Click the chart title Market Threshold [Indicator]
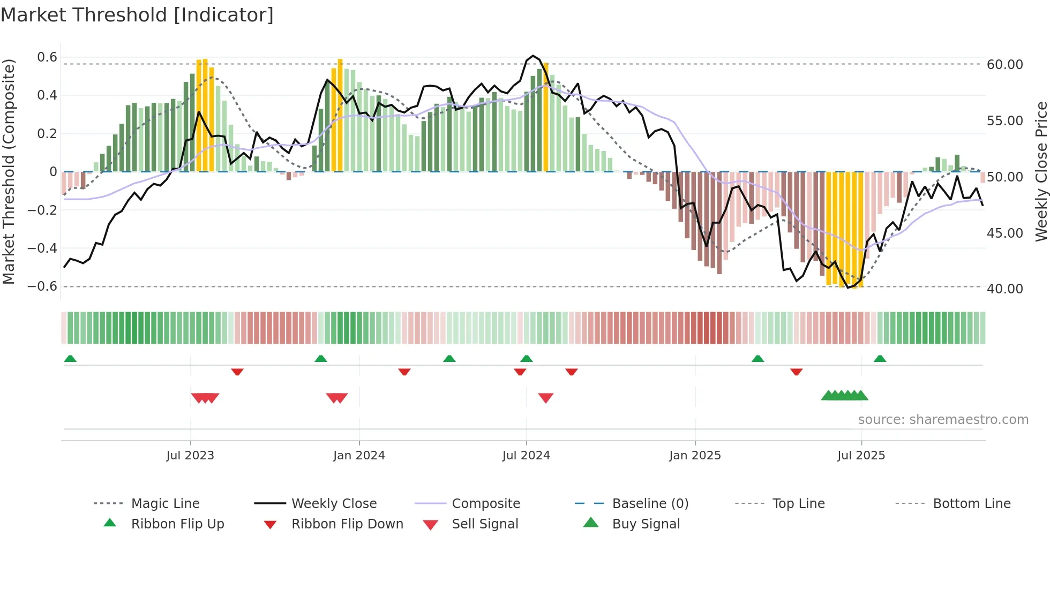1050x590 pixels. (x=137, y=15)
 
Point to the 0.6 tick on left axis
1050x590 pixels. (x=47, y=57)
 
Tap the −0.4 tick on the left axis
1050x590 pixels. (x=42, y=248)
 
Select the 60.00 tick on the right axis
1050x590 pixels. (x=1005, y=65)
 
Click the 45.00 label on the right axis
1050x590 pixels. (x=1005, y=233)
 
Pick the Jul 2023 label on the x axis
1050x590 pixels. (x=190, y=456)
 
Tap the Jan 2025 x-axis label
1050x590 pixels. (x=695, y=456)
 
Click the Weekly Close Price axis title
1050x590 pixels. (x=1041, y=171)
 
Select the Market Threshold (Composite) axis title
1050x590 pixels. (x=9, y=171)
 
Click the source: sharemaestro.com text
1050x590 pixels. (x=943, y=420)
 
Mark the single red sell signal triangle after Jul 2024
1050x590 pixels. (x=545, y=398)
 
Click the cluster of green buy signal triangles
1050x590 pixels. (x=844, y=396)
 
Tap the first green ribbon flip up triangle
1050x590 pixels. (x=70, y=359)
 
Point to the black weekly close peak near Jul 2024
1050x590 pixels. (x=532, y=56)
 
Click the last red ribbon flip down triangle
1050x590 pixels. (x=796, y=372)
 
